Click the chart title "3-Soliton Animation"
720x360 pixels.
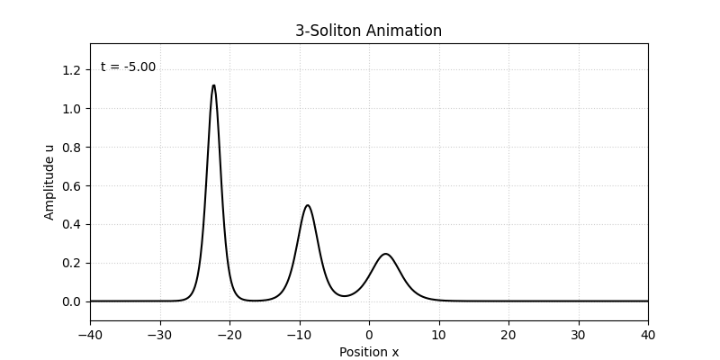pyautogui.click(x=369, y=31)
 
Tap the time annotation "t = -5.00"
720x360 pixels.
pyautogui.click(x=128, y=67)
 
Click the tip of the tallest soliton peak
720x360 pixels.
pyautogui.click(x=213, y=85)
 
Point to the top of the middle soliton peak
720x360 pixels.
pyautogui.click(x=308, y=205)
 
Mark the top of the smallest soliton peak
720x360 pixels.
pyautogui.click(x=385, y=254)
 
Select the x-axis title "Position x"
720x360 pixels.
pyautogui.click(x=369, y=352)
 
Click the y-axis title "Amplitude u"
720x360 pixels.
pyautogui.click(x=50, y=182)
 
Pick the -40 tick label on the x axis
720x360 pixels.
pyautogui.click(x=90, y=334)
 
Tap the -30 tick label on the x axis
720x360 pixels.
pyautogui.click(x=160, y=334)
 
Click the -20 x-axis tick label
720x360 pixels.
pyautogui.click(x=229, y=334)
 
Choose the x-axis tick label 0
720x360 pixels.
pyautogui.click(x=369, y=334)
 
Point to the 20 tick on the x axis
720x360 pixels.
pyautogui.click(x=508, y=334)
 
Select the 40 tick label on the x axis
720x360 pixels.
pyautogui.click(x=648, y=334)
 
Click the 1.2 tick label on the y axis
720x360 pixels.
pyautogui.click(x=72, y=70)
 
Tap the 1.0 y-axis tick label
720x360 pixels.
pyautogui.click(x=72, y=109)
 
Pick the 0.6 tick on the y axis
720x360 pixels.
pyautogui.click(x=72, y=185)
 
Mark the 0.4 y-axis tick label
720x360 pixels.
pyautogui.click(x=72, y=224)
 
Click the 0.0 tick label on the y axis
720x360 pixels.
pyautogui.click(x=72, y=301)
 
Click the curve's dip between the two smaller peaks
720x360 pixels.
pyautogui.click(x=344, y=296)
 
